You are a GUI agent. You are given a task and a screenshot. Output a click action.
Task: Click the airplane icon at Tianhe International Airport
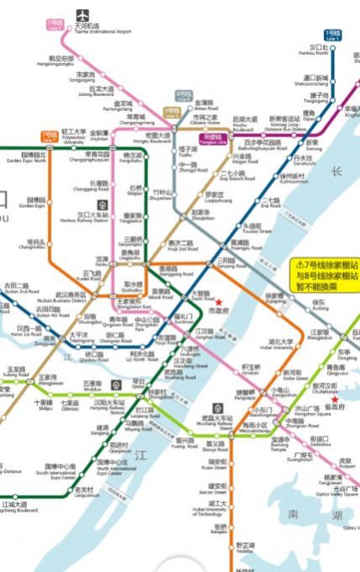(x=82, y=15)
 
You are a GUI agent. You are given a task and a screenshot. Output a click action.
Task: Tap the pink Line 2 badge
(x=55, y=25)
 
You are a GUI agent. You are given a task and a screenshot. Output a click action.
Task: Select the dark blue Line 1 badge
(x=334, y=36)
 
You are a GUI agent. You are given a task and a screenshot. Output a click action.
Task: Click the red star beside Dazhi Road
(x=219, y=301)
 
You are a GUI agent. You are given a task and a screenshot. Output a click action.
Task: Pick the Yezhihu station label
(x=245, y=548)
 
